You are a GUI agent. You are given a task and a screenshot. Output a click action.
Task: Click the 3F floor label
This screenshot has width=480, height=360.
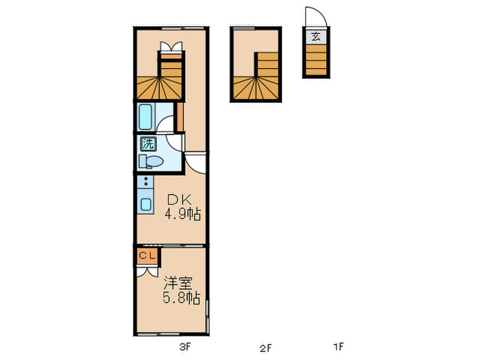pyautogui.click(x=184, y=347)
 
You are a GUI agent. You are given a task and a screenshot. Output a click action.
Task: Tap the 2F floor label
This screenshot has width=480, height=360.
pyautogui.click(x=265, y=347)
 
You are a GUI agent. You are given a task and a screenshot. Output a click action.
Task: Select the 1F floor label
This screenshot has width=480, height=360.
pyautogui.click(x=338, y=347)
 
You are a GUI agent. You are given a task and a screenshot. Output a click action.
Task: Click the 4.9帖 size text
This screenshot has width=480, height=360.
pyautogui.click(x=182, y=215)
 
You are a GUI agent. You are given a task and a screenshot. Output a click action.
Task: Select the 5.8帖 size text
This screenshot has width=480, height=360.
pyautogui.click(x=181, y=298)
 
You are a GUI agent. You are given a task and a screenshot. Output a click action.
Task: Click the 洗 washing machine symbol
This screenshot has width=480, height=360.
pyautogui.click(x=148, y=144)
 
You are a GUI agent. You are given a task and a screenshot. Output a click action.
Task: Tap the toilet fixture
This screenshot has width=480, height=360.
pyautogui.click(x=152, y=162)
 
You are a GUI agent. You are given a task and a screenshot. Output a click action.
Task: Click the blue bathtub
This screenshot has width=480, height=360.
pyautogui.click(x=147, y=117)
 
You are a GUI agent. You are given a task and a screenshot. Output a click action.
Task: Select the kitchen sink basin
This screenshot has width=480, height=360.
pyautogui.click(x=146, y=204)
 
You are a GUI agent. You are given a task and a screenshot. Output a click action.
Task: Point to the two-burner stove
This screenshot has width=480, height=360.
pyautogui.click(x=145, y=182)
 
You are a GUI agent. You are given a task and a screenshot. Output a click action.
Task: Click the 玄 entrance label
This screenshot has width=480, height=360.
pyautogui.click(x=315, y=37)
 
